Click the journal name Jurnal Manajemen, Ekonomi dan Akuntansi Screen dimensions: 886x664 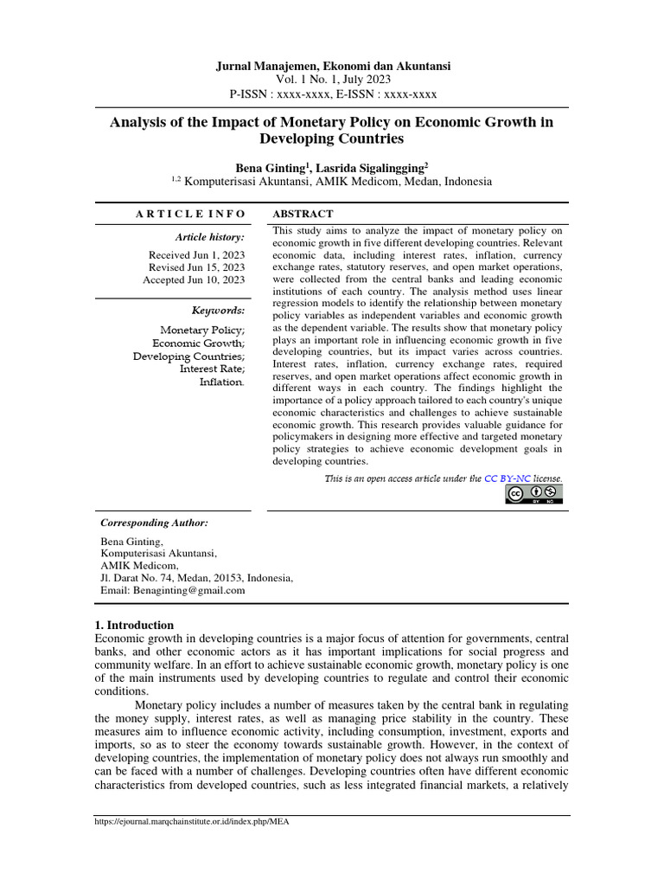(x=332, y=66)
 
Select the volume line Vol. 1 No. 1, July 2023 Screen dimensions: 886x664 (x=332, y=80)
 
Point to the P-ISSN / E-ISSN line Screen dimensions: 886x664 (x=332, y=94)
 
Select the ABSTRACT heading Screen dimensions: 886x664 (x=303, y=214)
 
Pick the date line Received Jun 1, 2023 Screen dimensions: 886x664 (x=196, y=255)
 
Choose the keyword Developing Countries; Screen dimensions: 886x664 (x=188, y=356)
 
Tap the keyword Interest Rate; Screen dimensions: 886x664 (x=212, y=369)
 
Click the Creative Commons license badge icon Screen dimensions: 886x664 (x=533, y=494)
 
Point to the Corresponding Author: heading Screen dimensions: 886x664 (x=154, y=523)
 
